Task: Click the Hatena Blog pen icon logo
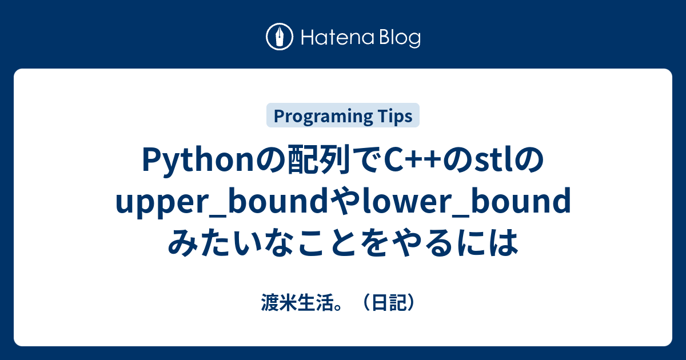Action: tap(280, 37)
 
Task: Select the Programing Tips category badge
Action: tap(343, 116)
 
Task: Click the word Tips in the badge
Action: tap(394, 116)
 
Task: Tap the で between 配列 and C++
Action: tap(364, 163)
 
